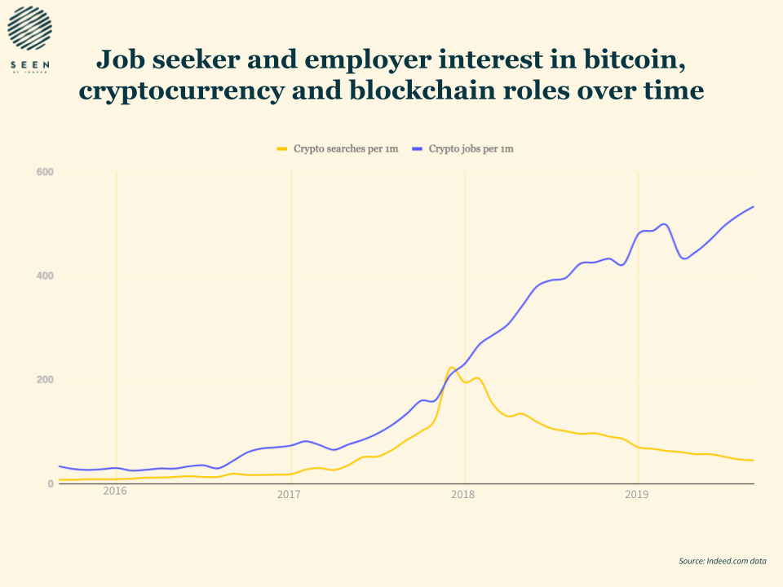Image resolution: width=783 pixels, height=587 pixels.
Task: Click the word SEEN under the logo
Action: [x=29, y=64]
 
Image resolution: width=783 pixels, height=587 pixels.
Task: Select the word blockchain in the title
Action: [x=437, y=90]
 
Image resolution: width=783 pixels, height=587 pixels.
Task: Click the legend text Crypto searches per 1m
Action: [x=346, y=149]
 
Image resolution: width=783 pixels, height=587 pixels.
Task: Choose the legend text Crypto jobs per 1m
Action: [x=471, y=149]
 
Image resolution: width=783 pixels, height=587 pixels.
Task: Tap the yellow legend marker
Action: [x=283, y=149]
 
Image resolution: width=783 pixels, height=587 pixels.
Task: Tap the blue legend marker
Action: [x=418, y=149]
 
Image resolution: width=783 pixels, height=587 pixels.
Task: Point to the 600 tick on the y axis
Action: [x=45, y=172]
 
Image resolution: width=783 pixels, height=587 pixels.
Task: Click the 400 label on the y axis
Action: [x=45, y=276]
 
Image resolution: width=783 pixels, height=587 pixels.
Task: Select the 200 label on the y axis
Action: [x=45, y=380]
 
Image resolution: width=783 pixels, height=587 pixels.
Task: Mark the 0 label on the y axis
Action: [x=51, y=484]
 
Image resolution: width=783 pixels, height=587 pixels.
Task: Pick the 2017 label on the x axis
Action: [x=289, y=494]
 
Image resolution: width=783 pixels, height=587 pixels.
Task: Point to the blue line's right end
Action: [x=753, y=206]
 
